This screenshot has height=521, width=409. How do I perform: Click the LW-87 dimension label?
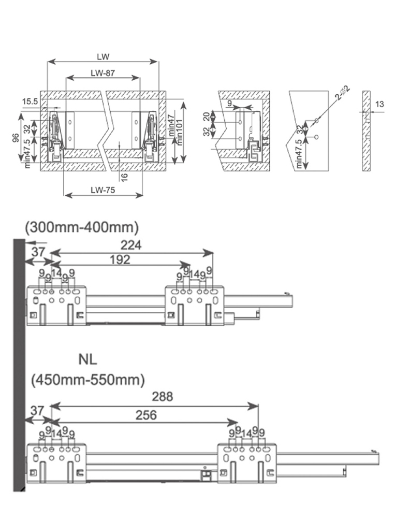pyautogui.click(x=102, y=73)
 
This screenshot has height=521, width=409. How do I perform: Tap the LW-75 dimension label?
pyautogui.click(x=102, y=190)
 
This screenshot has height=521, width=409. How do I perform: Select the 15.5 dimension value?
pyautogui.click(x=30, y=102)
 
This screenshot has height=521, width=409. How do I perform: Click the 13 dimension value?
pyautogui.click(x=379, y=105)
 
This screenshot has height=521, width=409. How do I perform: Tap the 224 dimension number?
pyautogui.click(x=132, y=245)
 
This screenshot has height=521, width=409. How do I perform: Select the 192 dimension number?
pyautogui.click(x=120, y=260)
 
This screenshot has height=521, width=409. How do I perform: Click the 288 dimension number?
pyautogui.click(x=163, y=397)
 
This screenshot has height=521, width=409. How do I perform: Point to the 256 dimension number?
pyautogui.click(x=145, y=415)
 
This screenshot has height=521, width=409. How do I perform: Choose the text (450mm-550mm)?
pyautogui.click(x=87, y=380)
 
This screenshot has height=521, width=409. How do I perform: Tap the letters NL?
pyautogui.click(x=88, y=359)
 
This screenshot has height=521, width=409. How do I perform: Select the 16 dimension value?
pyautogui.click(x=125, y=177)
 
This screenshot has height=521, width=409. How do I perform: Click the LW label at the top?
pyautogui.click(x=103, y=56)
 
